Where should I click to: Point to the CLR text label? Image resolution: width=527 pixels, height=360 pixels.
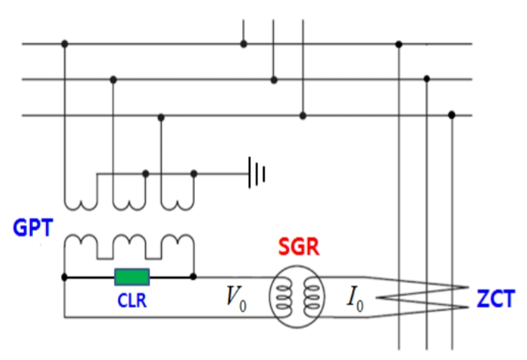(131, 301)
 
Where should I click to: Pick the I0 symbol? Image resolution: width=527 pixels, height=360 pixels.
(354, 299)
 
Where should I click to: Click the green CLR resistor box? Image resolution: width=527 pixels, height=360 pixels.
(132, 277)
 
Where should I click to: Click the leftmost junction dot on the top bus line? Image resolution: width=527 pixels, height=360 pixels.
(64, 44)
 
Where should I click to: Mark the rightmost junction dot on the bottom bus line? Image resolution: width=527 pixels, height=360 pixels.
(452, 115)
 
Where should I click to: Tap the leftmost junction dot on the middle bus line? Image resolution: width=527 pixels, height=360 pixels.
(114, 79)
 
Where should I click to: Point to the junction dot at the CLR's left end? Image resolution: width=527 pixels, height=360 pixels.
(64, 277)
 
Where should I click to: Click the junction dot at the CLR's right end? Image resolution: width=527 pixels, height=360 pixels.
(193, 277)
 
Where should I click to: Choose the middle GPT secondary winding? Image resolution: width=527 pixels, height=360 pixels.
(129, 246)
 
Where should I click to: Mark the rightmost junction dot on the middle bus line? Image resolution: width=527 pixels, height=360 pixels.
(426, 79)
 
